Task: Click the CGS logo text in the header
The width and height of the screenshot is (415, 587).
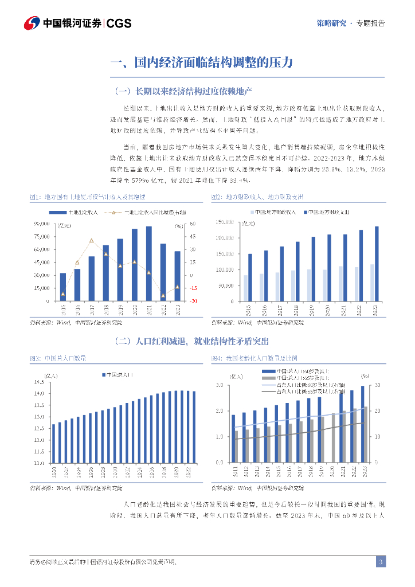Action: tap(119, 23)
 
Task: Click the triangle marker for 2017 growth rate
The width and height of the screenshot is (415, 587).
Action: tap(92, 240)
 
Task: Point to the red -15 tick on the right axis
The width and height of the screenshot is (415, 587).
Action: tap(178, 288)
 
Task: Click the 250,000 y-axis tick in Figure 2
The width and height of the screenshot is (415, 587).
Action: tap(224, 222)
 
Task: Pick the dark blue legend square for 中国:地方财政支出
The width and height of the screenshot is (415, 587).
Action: tap(303, 212)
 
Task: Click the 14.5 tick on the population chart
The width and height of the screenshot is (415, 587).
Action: tap(39, 382)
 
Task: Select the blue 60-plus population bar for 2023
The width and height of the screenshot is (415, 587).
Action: tap(362, 424)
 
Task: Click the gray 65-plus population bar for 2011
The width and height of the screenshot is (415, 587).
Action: tap(236, 447)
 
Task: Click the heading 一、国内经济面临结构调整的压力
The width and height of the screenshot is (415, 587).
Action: tap(202, 62)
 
